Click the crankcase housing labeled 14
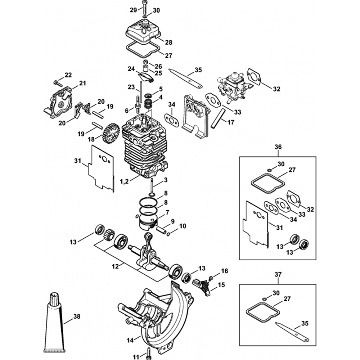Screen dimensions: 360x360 point(155,310)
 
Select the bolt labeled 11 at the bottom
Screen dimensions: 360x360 point(148,351)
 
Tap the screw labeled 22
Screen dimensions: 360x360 point(57,83)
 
